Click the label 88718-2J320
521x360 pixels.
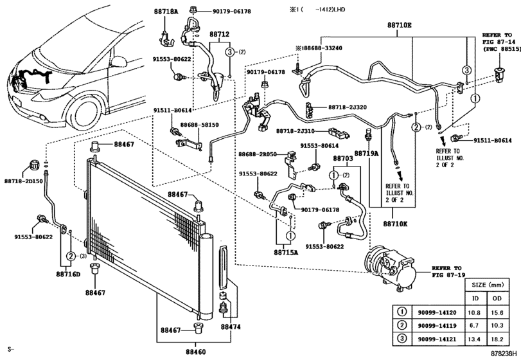(x=348, y=108)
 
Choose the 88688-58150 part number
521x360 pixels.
(x=199, y=125)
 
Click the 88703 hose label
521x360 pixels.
(x=342, y=158)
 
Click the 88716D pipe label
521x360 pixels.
(x=68, y=274)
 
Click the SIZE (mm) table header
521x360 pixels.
(x=488, y=283)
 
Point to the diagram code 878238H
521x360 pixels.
(x=502, y=354)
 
